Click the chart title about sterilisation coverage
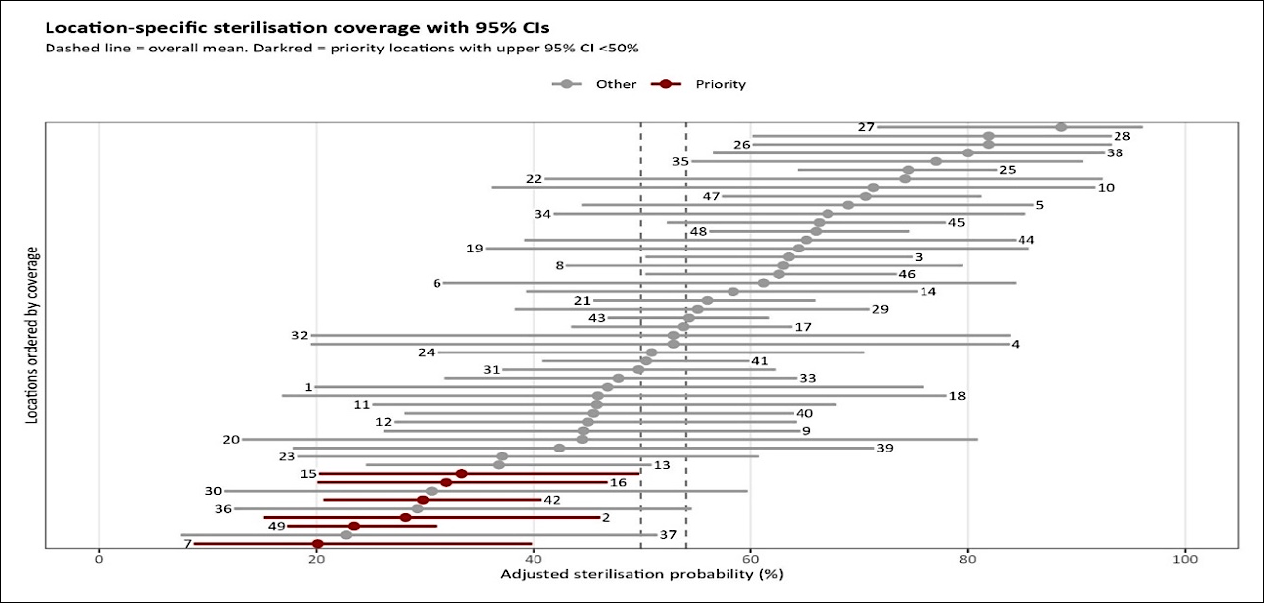tap(297, 27)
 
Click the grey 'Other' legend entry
tap(594, 84)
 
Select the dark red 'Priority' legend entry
tap(699, 84)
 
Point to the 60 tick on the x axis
tap(750, 560)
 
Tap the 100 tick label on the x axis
tap(1185, 560)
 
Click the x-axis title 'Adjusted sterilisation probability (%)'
tap(641, 574)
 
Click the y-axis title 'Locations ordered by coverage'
tap(32, 335)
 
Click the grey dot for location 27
tap(1061, 127)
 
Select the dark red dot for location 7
tap(318, 544)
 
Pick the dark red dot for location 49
tap(354, 526)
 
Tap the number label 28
tap(1121, 136)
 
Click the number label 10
tap(1106, 187)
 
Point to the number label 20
tap(231, 440)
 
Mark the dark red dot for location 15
tap(461, 473)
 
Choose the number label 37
tap(668, 534)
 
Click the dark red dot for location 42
tap(423, 500)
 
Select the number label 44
tap(1025, 240)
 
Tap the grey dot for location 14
tap(733, 292)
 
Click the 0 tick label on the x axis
tap(99, 560)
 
